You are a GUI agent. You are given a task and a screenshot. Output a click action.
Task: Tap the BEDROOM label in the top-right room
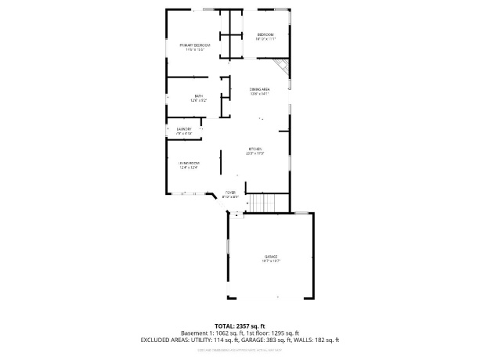tap(265, 35)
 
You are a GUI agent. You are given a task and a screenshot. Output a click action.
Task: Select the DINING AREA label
tap(259, 89)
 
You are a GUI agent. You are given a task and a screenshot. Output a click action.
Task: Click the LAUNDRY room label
tap(184, 128)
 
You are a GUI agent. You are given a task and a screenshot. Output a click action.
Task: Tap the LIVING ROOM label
tap(187, 163)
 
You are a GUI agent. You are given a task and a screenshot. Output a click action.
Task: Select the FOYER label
tap(230, 192)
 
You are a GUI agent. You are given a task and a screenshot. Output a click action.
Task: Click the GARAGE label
tap(270, 257)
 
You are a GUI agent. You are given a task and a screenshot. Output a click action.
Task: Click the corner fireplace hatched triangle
tap(287, 70)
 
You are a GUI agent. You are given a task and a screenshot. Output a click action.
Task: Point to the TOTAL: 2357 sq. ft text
tap(240, 326)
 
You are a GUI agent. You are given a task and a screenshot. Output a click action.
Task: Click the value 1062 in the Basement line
tap(218, 333)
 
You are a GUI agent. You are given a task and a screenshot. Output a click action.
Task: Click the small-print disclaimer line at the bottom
tap(240, 349)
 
